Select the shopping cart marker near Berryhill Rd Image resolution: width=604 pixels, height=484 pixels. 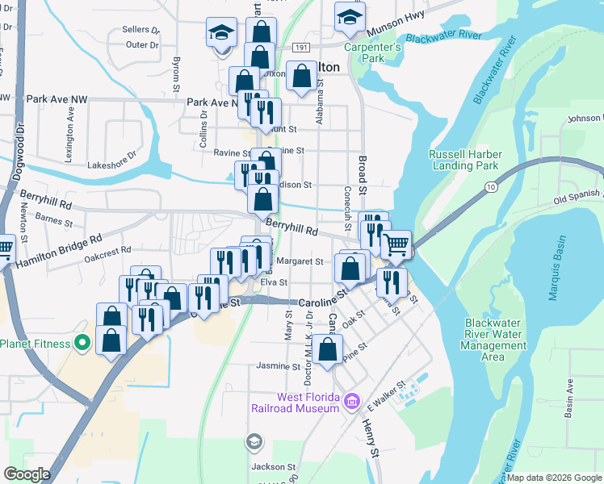click(396, 244)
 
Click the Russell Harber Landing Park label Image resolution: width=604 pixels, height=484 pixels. click(465, 161)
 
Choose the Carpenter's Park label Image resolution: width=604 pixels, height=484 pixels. click(371, 53)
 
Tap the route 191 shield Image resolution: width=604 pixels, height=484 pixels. click(300, 48)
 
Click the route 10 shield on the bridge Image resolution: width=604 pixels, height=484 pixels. click(491, 187)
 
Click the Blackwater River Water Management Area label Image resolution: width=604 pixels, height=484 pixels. click(496, 340)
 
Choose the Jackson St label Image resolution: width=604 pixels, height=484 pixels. click(273, 466)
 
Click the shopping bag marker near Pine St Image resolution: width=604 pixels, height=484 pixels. click(327, 351)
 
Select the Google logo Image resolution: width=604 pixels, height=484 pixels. click(27, 475)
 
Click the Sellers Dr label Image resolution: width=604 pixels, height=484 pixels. click(141, 30)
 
